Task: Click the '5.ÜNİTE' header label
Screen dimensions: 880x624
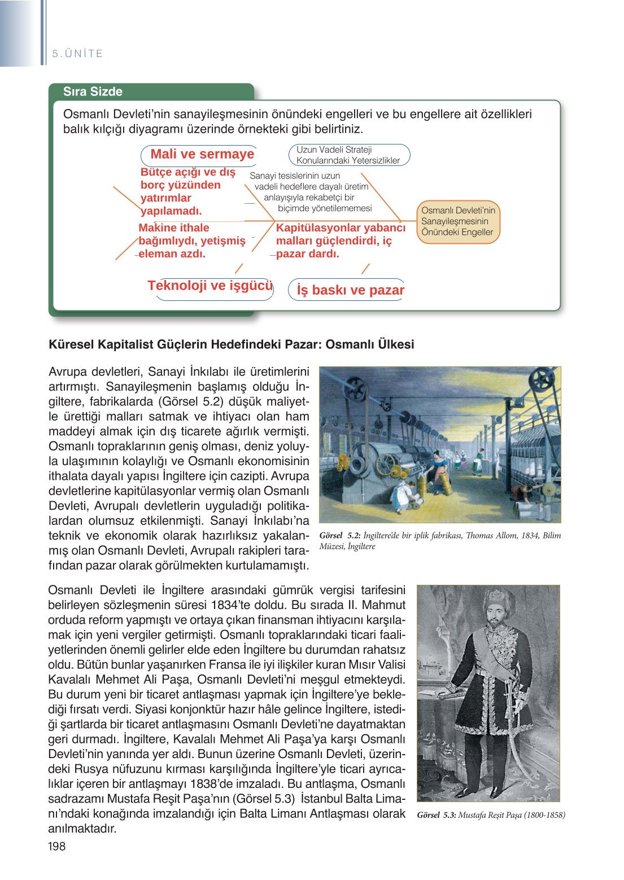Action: pyautogui.click(x=77, y=54)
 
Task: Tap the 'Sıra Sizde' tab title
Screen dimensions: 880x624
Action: pyautogui.click(x=93, y=91)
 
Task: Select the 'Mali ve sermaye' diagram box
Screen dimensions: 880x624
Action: pyautogui.click(x=202, y=155)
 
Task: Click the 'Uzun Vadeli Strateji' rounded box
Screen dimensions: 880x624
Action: pyautogui.click(x=348, y=155)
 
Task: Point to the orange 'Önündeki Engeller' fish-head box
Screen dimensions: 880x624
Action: pyautogui.click(x=457, y=222)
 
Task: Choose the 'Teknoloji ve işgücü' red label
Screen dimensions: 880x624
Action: pyautogui.click(x=210, y=286)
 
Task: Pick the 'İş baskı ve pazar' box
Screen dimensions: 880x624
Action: pyautogui.click(x=350, y=290)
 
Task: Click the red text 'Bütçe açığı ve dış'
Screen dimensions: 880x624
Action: pyautogui.click(x=187, y=172)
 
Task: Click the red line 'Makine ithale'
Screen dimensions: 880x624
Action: pyautogui.click(x=174, y=227)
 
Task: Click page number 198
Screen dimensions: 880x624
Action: pyautogui.click(x=57, y=846)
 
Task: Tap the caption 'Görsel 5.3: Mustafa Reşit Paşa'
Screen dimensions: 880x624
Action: pyautogui.click(x=490, y=815)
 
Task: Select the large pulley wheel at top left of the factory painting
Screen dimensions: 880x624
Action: pyautogui.click(x=356, y=389)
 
